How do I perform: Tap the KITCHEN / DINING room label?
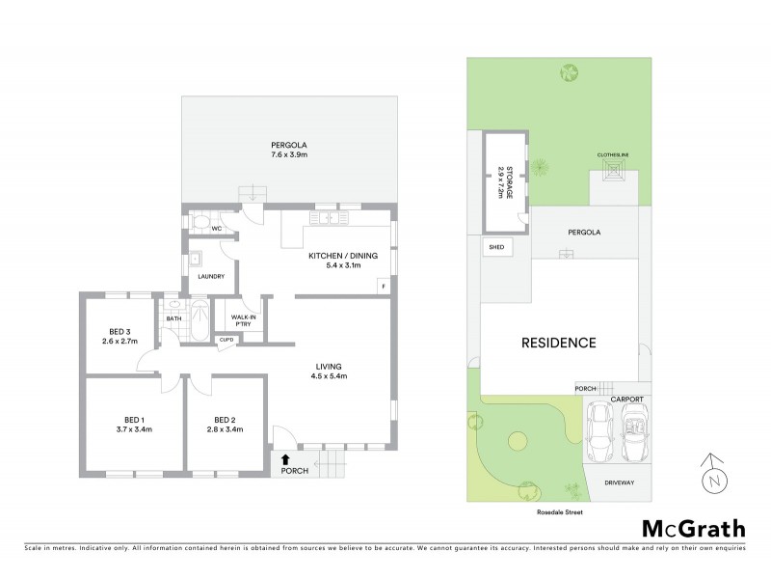[335, 260]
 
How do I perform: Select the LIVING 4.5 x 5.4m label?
[331, 371]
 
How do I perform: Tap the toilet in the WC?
[199, 223]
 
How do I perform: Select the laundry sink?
[195, 259]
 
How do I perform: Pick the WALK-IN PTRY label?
[243, 321]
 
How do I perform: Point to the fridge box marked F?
[384, 287]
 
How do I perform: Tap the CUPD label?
[228, 340]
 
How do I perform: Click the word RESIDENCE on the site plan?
[559, 343]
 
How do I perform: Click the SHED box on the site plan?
[497, 247]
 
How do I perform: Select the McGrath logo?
[693, 528]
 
